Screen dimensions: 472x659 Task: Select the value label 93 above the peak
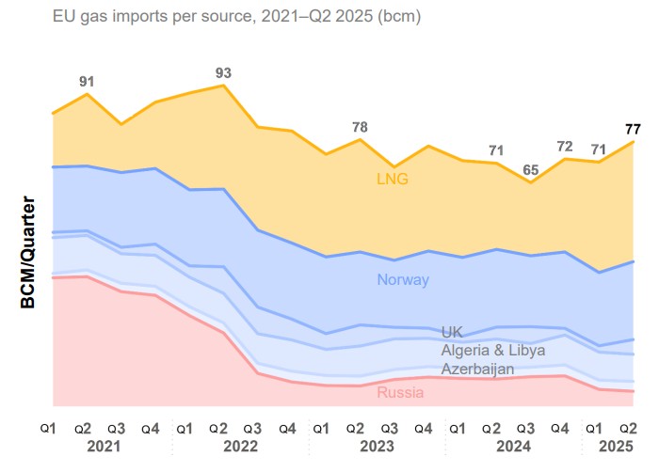click(223, 72)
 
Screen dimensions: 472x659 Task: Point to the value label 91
click(88, 82)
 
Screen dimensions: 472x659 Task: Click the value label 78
click(360, 127)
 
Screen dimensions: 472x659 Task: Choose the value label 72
click(565, 146)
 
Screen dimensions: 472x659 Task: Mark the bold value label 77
click(633, 130)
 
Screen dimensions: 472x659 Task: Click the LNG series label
click(393, 179)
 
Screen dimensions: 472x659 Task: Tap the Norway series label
click(403, 279)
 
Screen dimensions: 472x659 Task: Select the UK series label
click(452, 332)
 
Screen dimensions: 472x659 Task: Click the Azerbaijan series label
click(477, 369)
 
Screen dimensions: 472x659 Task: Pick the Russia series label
click(400, 392)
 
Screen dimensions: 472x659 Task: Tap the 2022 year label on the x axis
click(240, 448)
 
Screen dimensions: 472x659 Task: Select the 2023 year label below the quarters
click(377, 448)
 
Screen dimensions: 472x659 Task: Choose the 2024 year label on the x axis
click(512, 448)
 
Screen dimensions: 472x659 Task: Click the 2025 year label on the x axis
click(615, 448)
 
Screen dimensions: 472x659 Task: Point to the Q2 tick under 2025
click(632, 429)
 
